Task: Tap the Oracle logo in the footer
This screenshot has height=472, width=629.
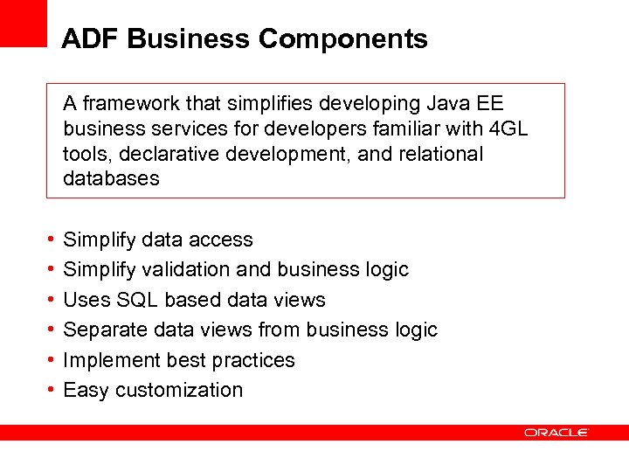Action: pyautogui.click(x=556, y=432)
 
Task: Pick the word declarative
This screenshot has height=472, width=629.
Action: pyautogui.click(x=165, y=154)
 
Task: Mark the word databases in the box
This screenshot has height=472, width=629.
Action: pyautogui.click(x=111, y=179)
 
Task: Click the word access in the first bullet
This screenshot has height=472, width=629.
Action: pyautogui.click(x=220, y=239)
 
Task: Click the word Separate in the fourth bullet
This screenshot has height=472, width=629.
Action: pyautogui.click(x=100, y=330)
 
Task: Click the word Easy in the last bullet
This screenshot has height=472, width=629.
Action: pyautogui.click(x=85, y=390)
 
